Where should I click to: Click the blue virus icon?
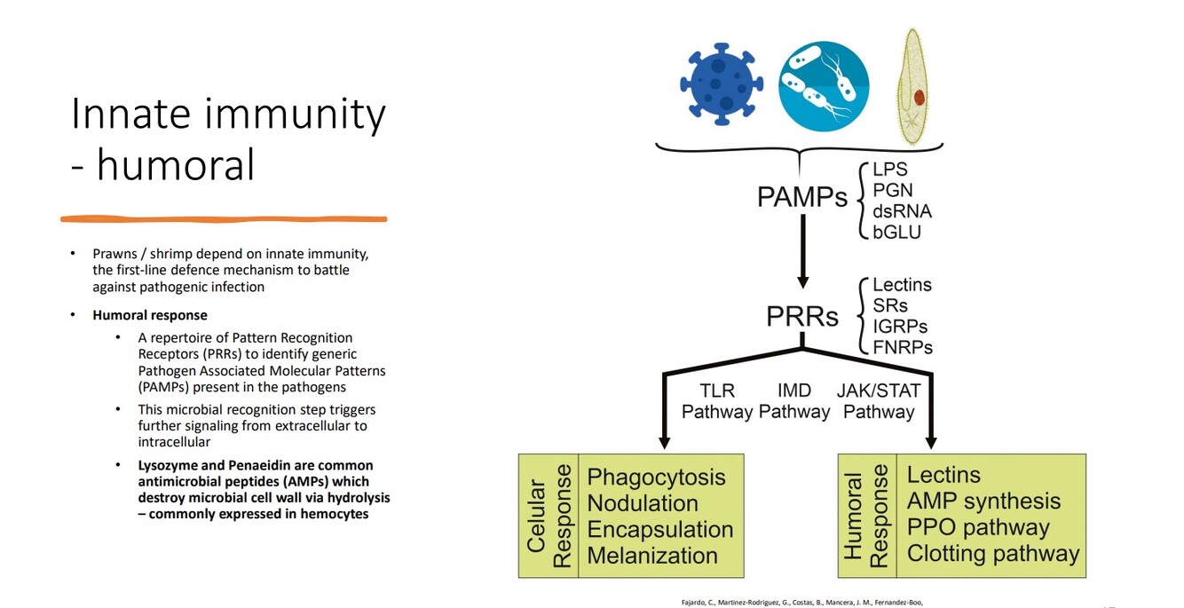(721, 83)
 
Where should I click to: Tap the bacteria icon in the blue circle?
(823, 86)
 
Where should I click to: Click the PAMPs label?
(801, 197)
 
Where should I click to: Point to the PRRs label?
(802, 317)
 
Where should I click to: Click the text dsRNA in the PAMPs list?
(902, 211)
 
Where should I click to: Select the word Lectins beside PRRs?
(902, 285)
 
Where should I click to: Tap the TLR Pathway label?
(716, 401)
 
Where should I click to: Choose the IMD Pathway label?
(794, 401)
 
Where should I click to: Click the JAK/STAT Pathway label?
(879, 401)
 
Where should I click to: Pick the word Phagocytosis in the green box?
(656, 477)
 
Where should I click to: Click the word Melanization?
(651, 556)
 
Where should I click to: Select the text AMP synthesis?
(983, 501)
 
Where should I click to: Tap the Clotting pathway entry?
(992, 554)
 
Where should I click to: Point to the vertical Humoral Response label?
(865, 516)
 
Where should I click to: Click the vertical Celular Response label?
(549, 516)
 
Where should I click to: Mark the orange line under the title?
(224, 218)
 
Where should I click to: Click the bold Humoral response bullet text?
(150, 315)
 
